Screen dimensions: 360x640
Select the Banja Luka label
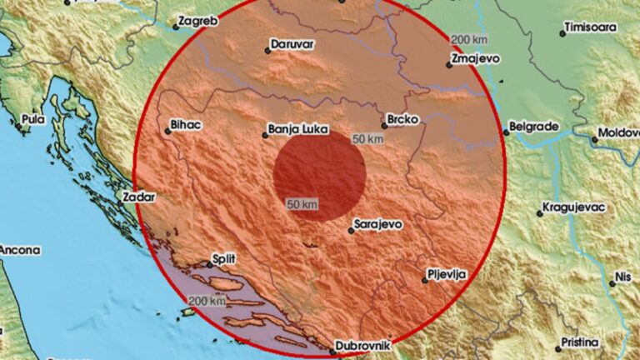(x=297, y=129)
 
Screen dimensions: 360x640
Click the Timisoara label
(x=590, y=27)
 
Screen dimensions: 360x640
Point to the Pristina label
(x=581, y=342)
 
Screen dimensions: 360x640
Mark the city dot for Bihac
(x=164, y=129)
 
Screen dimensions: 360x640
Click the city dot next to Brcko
(x=385, y=126)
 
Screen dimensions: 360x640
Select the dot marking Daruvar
(x=267, y=50)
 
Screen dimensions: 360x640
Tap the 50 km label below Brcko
(x=367, y=139)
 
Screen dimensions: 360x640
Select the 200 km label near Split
(x=207, y=300)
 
